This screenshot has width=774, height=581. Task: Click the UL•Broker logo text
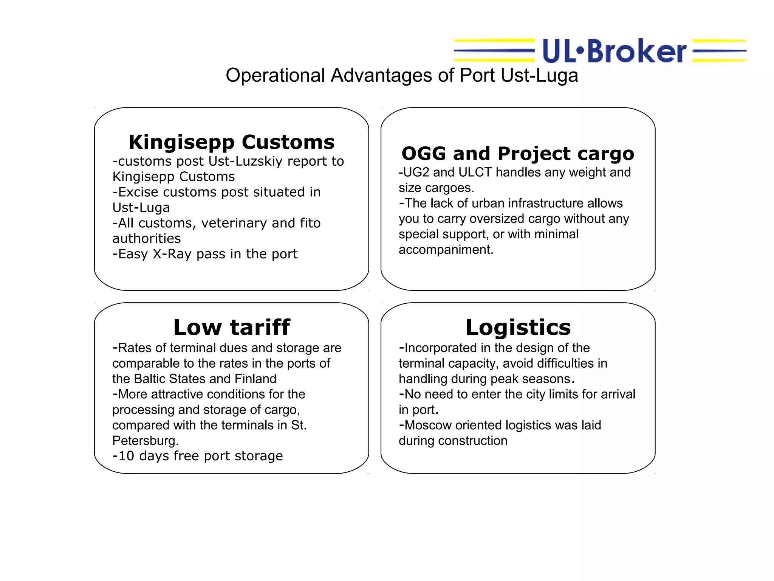pyautogui.click(x=614, y=51)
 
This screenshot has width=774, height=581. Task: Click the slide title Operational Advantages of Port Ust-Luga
pyautogui.click(x=402, y=75)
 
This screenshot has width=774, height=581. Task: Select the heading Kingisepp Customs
pyautogui.click(x=231, y=142)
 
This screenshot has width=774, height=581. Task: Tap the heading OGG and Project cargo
pyautogui.click(x=517, y=154)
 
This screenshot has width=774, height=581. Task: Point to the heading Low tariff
pyautogui.click(x=231, y=327)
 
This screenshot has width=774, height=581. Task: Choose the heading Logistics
pyautogui.click(x=518, y=327)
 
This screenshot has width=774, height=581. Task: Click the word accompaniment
pyautogui.click(x=446, y=250)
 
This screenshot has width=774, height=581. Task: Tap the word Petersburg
pyautogui.click(x=145, y=441)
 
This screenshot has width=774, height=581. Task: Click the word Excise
pyautogui.click(x=138, y=192)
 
